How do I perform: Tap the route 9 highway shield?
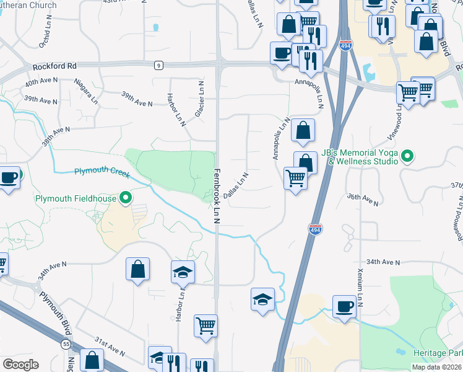[159, 64]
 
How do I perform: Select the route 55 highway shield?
[66, 343]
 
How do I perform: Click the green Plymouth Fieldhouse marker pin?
[126, 198]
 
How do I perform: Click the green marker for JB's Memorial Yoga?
[407, 156]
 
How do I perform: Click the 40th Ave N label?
[41, 82]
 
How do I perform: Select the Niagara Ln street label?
[86, 90]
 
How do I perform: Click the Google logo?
[20, 365]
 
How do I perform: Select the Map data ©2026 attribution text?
[436, 367]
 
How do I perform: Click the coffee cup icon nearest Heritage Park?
[344, 306]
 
